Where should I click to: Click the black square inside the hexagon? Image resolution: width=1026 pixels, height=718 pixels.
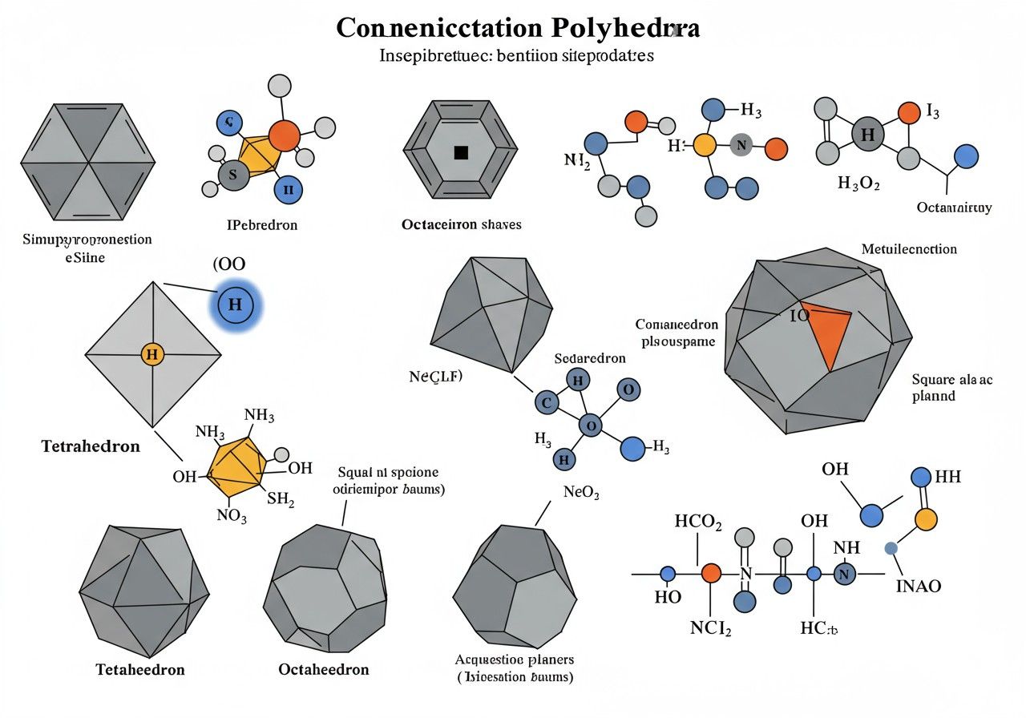coord(461,152)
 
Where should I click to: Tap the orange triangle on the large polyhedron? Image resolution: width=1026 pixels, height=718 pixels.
coord(831,333)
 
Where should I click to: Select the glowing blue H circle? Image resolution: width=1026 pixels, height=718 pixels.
coord(235,305)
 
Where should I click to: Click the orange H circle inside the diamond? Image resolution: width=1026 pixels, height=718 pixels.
coord(151,353)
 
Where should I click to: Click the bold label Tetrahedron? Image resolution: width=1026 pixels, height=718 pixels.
coord(91,446)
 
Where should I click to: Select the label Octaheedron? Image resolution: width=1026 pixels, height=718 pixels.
coord(324,669)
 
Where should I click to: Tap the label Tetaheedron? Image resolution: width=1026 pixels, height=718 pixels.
coord(140,669)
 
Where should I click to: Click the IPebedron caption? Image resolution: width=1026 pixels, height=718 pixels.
coord(262,225)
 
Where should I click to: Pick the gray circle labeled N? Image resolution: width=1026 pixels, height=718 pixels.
coord(741,145)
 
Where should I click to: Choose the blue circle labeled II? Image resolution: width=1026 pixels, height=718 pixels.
coord(288,189)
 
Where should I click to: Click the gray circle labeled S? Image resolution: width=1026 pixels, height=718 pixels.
coord(233,174)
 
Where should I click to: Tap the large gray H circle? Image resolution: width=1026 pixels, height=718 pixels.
coord(867,135)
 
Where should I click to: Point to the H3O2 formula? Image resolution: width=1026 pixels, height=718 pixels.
coord(858,184)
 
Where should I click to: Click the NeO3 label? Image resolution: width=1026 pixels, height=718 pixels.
coord(581,493)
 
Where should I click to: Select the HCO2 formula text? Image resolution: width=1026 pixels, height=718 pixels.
coord(698,522)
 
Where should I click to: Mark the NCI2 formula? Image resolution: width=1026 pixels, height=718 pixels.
coord(710,628)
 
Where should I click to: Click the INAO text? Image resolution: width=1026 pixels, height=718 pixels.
coord(918,587)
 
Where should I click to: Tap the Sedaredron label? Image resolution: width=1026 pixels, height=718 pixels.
coord(589,358)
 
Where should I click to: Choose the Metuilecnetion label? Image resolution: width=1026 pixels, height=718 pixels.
coord(909,249)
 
